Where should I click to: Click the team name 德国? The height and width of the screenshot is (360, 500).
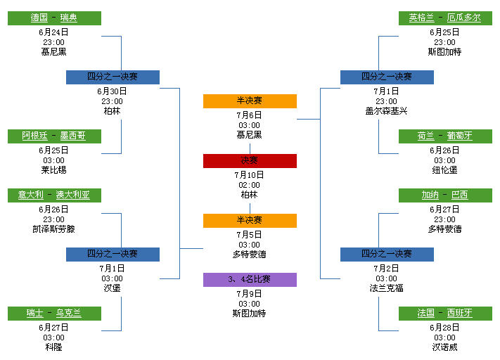click(x=39, y=18)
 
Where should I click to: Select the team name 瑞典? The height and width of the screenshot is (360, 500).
click(x=69, y=18)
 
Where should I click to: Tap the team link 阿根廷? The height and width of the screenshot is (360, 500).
click(x=35, y=136)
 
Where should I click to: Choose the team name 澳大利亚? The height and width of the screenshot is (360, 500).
click(x=73, y=195)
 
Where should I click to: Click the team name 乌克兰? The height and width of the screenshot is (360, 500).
click(x=69, y=313)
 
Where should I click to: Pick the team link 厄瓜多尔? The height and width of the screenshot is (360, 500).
click(x=464, y=18)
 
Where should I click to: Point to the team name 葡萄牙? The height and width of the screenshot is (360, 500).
click(x=460, y=136)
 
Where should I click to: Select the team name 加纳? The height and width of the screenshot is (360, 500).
click(x=430, y=195)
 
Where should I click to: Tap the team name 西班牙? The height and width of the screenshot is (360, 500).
click(x=460, y=313)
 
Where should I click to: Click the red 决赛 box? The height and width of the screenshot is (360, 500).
click(x=250, y=161)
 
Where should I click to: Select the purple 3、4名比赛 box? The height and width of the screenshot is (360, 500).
click(x=250, y=279)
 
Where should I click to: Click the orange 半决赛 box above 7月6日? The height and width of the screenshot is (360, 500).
click(x=250, y=101)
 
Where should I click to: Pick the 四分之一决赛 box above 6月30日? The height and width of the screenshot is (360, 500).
click(x=113, y=77)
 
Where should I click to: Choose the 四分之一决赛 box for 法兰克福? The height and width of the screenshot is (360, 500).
click(x=387, y=254)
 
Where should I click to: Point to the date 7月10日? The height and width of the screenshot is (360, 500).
click(x=250, y=174)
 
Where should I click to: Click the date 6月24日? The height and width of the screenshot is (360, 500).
click(x=54, y=32)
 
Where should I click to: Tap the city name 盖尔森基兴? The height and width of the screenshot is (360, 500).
click(x=387, y=110)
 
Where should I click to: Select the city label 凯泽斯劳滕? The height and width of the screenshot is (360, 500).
click(x=54, y=229)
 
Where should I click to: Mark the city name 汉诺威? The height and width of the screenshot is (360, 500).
click(x=445, y=347)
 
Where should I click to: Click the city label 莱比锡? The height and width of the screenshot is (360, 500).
click(x=54, y=169)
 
